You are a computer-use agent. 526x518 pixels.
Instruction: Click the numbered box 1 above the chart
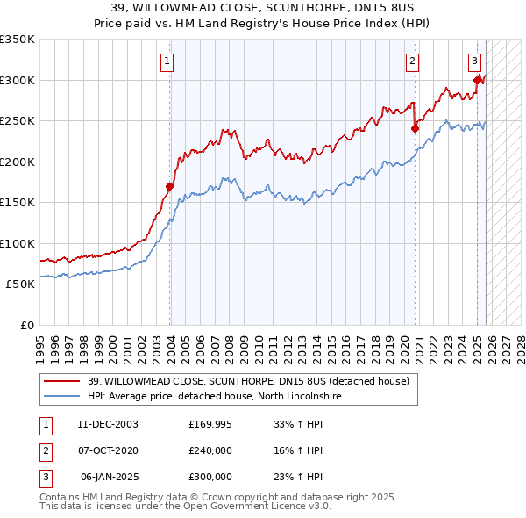click(167, 61)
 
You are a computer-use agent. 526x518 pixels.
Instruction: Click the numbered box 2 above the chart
click(412, 61)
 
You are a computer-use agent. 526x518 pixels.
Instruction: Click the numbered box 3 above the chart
click(474, 61)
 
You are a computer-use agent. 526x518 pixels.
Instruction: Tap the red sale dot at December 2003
click(170, 186)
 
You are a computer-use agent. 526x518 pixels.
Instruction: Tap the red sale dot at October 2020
click(416, 128)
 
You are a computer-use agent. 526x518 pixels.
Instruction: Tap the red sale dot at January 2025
click(478, 80)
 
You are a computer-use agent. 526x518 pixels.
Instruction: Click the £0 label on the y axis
click(26, 325)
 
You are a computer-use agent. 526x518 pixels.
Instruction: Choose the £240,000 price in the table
click(210, 450)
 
